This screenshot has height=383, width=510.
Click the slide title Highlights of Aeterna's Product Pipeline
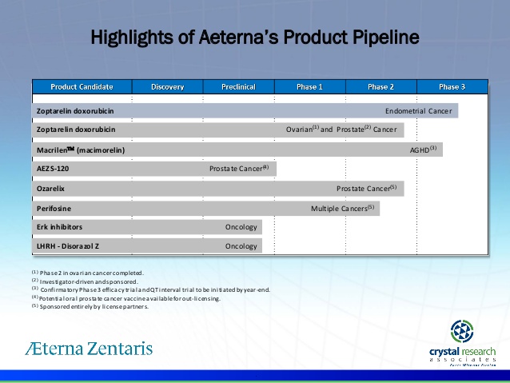coord(254,38)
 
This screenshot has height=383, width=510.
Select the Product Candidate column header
coord(82,86)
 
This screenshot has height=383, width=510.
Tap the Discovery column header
coord(167,86)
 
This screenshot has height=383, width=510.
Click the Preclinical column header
coord(238,86)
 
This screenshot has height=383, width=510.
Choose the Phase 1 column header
coord(309,86)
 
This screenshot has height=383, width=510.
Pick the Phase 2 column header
coord(381,86)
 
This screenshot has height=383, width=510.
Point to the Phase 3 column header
coord(452,86)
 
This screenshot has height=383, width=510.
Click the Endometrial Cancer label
coord(418,111)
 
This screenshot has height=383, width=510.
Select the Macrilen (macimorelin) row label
coord(81,150)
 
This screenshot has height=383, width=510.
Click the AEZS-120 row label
coord(54,169)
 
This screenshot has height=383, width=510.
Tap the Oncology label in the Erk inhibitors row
coord(241,227)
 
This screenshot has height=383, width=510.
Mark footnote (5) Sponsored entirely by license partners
coord(90,305)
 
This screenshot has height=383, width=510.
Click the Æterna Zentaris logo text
coord(88,348)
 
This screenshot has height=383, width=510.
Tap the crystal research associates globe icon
coord(462,332)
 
